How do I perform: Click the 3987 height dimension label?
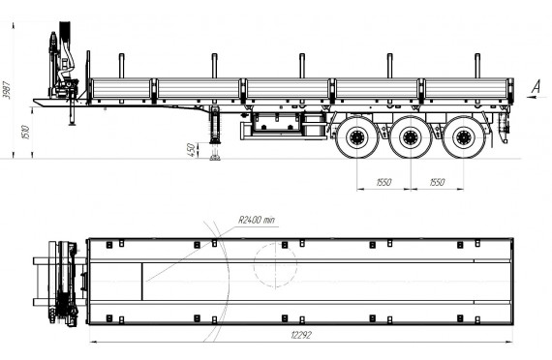7,90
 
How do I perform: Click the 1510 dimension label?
26,132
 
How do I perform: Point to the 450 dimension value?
191,150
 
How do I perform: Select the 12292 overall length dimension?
301,335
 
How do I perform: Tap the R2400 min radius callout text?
257,220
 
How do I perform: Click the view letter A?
536,86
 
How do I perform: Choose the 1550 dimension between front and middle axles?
383,182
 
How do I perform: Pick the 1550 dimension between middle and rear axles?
437,182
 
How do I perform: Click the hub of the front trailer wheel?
357,137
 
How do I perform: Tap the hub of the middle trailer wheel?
411,137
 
